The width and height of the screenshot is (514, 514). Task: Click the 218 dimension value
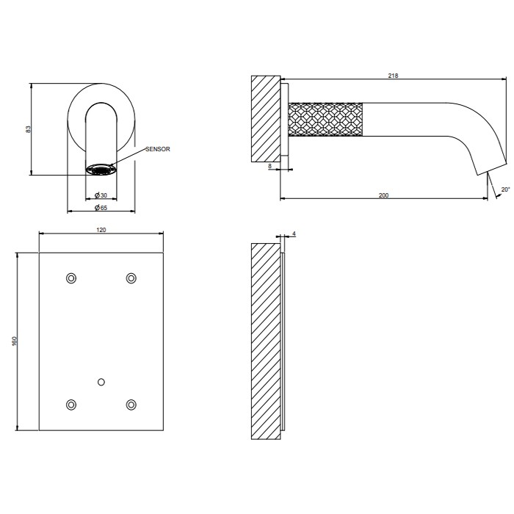[x=393, y=76]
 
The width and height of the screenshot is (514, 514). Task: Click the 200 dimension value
[x=384, y=195]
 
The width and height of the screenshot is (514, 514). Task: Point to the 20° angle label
[x=504, y=189]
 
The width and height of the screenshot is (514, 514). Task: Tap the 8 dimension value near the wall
[x=270, y=167]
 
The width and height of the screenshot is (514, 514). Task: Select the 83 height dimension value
[x=28, y=128]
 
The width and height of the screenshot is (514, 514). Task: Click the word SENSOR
[x=158, y=149]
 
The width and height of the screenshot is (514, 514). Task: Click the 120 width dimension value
[x=101, y=230]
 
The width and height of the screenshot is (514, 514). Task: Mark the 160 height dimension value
[x=15, y=342]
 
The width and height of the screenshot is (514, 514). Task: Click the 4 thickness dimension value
[x=294, y=234]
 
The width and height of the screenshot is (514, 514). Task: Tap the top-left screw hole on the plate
[x=71, y=278]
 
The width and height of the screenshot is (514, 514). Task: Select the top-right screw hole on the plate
[x=131, y=278]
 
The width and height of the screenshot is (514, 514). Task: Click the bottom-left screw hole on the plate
[x=71, y=405]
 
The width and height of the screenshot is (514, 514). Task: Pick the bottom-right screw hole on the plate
[x=131, y=405]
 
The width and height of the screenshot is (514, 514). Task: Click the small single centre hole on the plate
[x=101, y=381]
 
